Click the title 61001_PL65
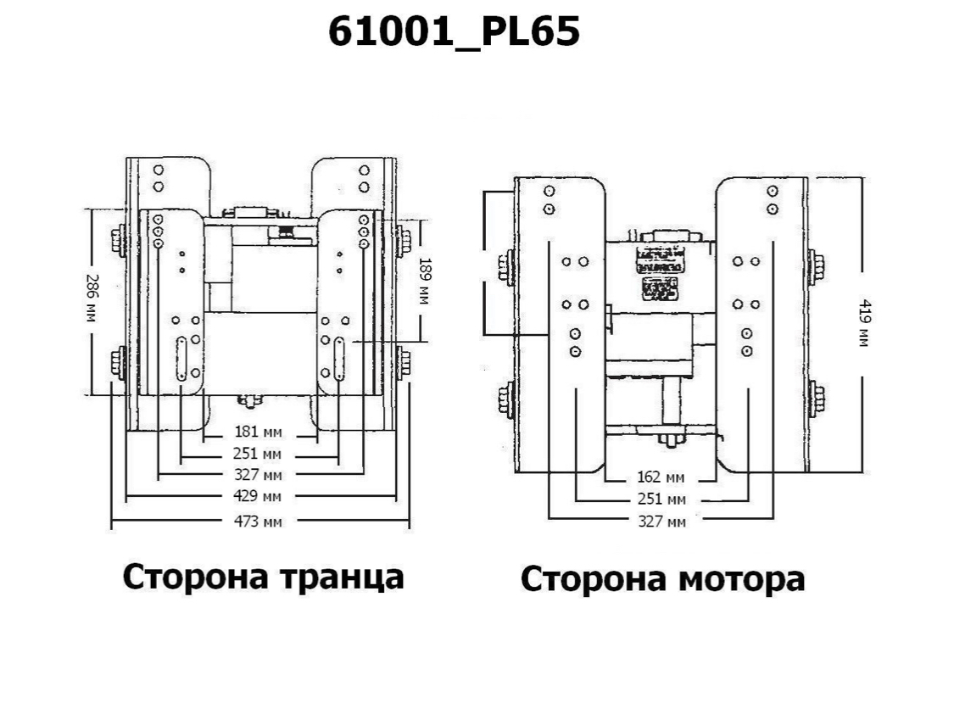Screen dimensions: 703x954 tap(454, 33)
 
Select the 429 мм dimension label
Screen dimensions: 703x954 tap(258, 494)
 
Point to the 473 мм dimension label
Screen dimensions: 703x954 tap(258, 521)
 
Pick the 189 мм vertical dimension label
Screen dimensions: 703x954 tap(425, 281)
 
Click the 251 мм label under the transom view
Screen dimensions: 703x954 tap(258, 454)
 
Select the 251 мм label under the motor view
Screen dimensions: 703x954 tap(661, 499)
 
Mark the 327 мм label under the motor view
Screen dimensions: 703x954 tap(661, 521)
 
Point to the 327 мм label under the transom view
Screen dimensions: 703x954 tap(258, 474)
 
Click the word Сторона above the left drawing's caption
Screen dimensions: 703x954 tap(188, 577)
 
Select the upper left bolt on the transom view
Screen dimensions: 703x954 tap(118, 241)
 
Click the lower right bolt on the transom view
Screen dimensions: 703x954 tap(403, 363)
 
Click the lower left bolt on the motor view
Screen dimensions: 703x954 tap(508, 399)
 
